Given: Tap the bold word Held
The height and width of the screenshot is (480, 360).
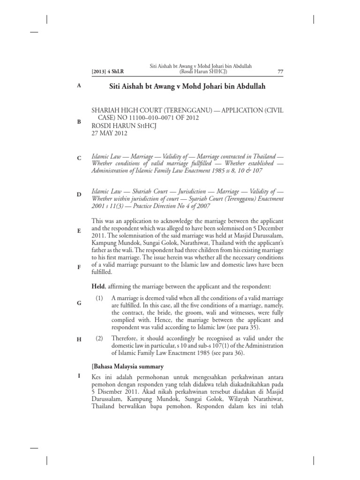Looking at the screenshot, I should click(x=99, y=286).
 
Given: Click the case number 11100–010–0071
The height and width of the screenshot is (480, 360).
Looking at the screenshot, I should click(x=156, y=117).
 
